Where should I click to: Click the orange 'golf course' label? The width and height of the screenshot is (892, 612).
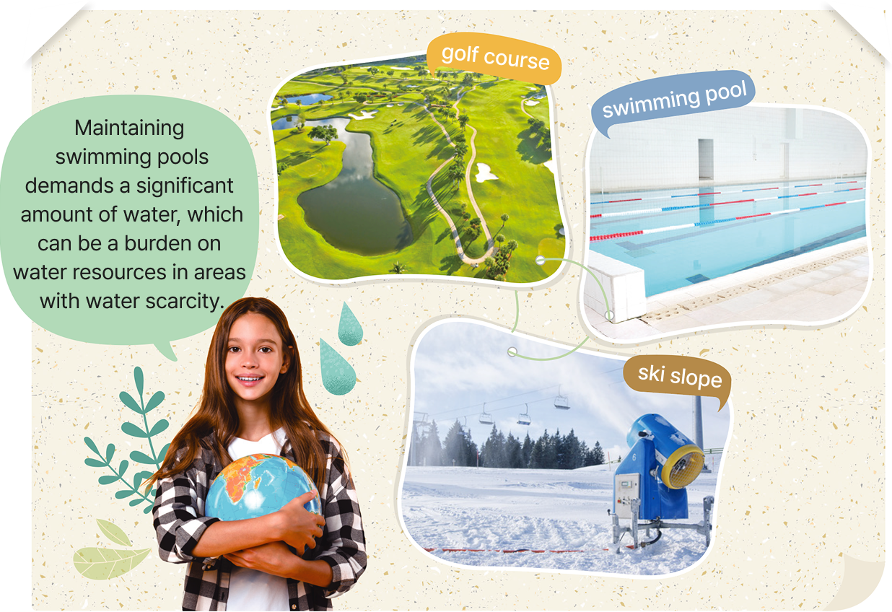coord(494,58)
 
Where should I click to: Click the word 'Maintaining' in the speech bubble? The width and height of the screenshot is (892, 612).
coord(129,128)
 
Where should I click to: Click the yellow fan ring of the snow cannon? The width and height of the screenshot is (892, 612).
coord(683,467)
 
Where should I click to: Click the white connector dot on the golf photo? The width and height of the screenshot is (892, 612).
coord(540,261)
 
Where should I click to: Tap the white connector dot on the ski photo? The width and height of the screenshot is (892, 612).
coord(512,351)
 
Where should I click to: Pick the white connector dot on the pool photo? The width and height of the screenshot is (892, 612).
coord(609,315)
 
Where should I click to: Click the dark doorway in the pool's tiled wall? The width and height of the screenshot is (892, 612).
coord(706,159)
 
